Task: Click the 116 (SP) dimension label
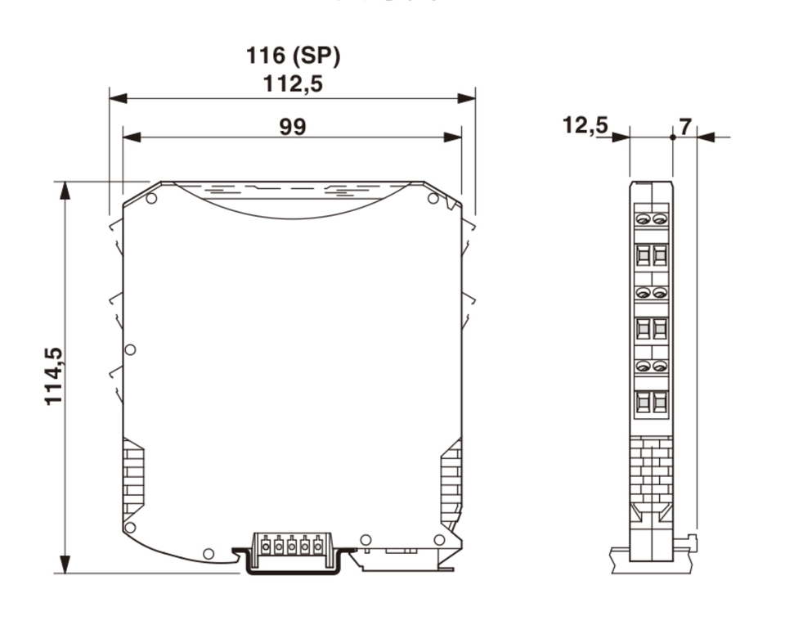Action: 293,56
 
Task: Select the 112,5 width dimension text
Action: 293,83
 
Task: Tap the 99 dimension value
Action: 293,126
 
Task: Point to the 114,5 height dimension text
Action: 54,376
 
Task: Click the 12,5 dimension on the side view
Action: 585,124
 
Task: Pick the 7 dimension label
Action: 684,126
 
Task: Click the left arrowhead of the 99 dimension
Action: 132,137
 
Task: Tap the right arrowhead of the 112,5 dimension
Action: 467,98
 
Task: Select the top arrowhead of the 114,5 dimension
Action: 65,191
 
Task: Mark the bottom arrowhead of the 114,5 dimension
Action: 65,564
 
